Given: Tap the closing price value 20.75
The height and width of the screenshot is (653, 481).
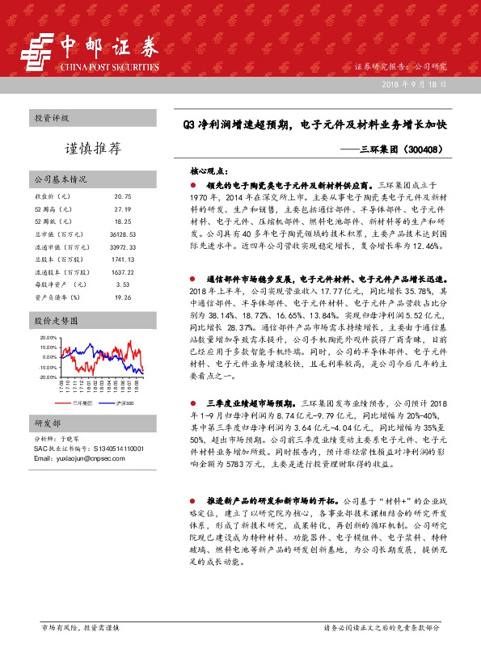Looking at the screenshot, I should click(123, 196).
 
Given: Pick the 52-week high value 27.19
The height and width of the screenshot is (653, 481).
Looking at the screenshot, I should click(123, 209).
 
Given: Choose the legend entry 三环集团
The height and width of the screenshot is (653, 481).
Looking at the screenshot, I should click(82, 402).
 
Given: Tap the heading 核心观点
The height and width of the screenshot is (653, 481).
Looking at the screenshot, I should click(209, 172).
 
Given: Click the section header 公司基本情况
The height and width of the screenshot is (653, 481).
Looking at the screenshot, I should click(60, 179).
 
